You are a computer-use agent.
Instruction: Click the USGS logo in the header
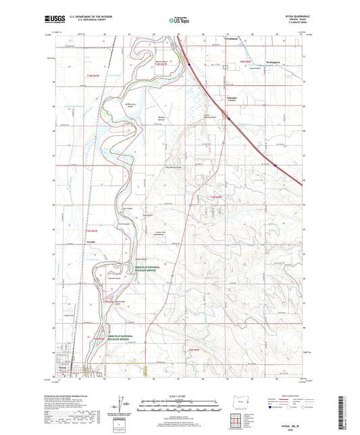click(x=50, y=21)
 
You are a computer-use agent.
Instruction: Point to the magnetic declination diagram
click(x=123, y=402)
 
